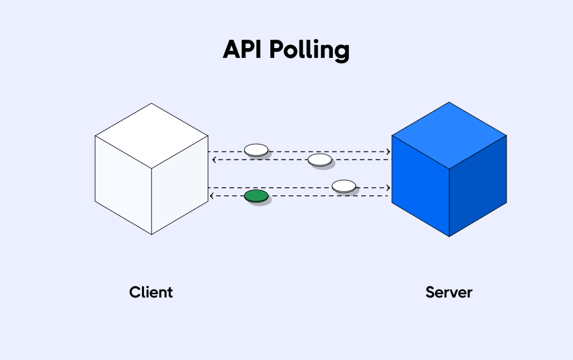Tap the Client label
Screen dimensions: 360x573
[151, 292]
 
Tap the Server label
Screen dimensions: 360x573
[449, 292]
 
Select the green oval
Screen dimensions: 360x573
[256, 195]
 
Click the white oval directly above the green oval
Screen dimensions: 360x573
[256, 150]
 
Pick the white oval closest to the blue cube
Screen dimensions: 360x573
[344, 186]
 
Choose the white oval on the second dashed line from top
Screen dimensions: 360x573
[320, 159]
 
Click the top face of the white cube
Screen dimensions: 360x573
[152, 136]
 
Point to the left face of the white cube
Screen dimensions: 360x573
[123, 186]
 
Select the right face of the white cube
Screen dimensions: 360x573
[180, 186]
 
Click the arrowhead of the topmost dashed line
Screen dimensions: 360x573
[389, 152]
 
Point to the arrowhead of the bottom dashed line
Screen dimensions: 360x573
[211, 196]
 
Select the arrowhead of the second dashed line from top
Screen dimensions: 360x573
[211, 159]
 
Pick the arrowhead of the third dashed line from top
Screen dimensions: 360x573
[389, 188]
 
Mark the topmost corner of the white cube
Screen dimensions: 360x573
[152, 104]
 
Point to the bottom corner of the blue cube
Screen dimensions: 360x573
[449, 236]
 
